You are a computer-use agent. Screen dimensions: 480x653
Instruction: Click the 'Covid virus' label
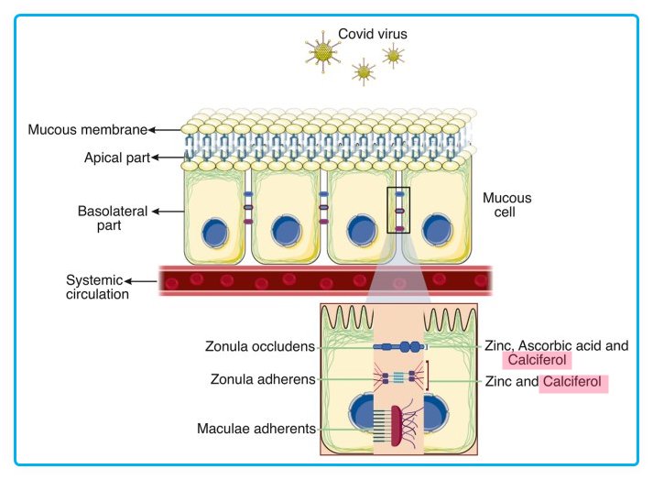click(x=373, y=34)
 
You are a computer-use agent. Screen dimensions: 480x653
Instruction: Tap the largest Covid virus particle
click(x=322, y=52)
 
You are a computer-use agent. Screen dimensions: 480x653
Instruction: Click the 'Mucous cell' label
click(x=507, y=204)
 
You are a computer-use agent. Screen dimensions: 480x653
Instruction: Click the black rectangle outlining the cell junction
click(x=399, y=210)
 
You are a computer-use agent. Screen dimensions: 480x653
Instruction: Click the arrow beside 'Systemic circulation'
click(x=143, y=280)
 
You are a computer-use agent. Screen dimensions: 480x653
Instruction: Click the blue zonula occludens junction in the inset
click(x=399, y=348)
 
